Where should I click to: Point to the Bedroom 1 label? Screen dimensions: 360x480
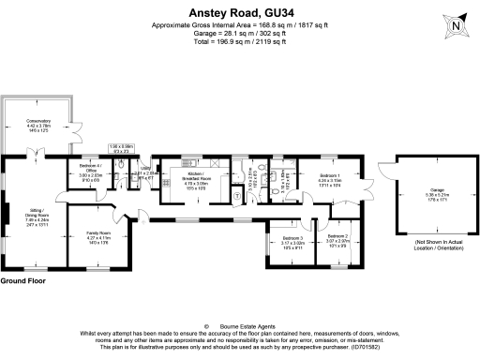coord(330,180)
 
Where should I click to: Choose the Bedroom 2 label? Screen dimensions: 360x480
coord(337,240)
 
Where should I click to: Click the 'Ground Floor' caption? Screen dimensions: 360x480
coord(23,281)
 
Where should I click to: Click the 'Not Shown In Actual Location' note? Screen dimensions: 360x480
coord(426,246)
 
